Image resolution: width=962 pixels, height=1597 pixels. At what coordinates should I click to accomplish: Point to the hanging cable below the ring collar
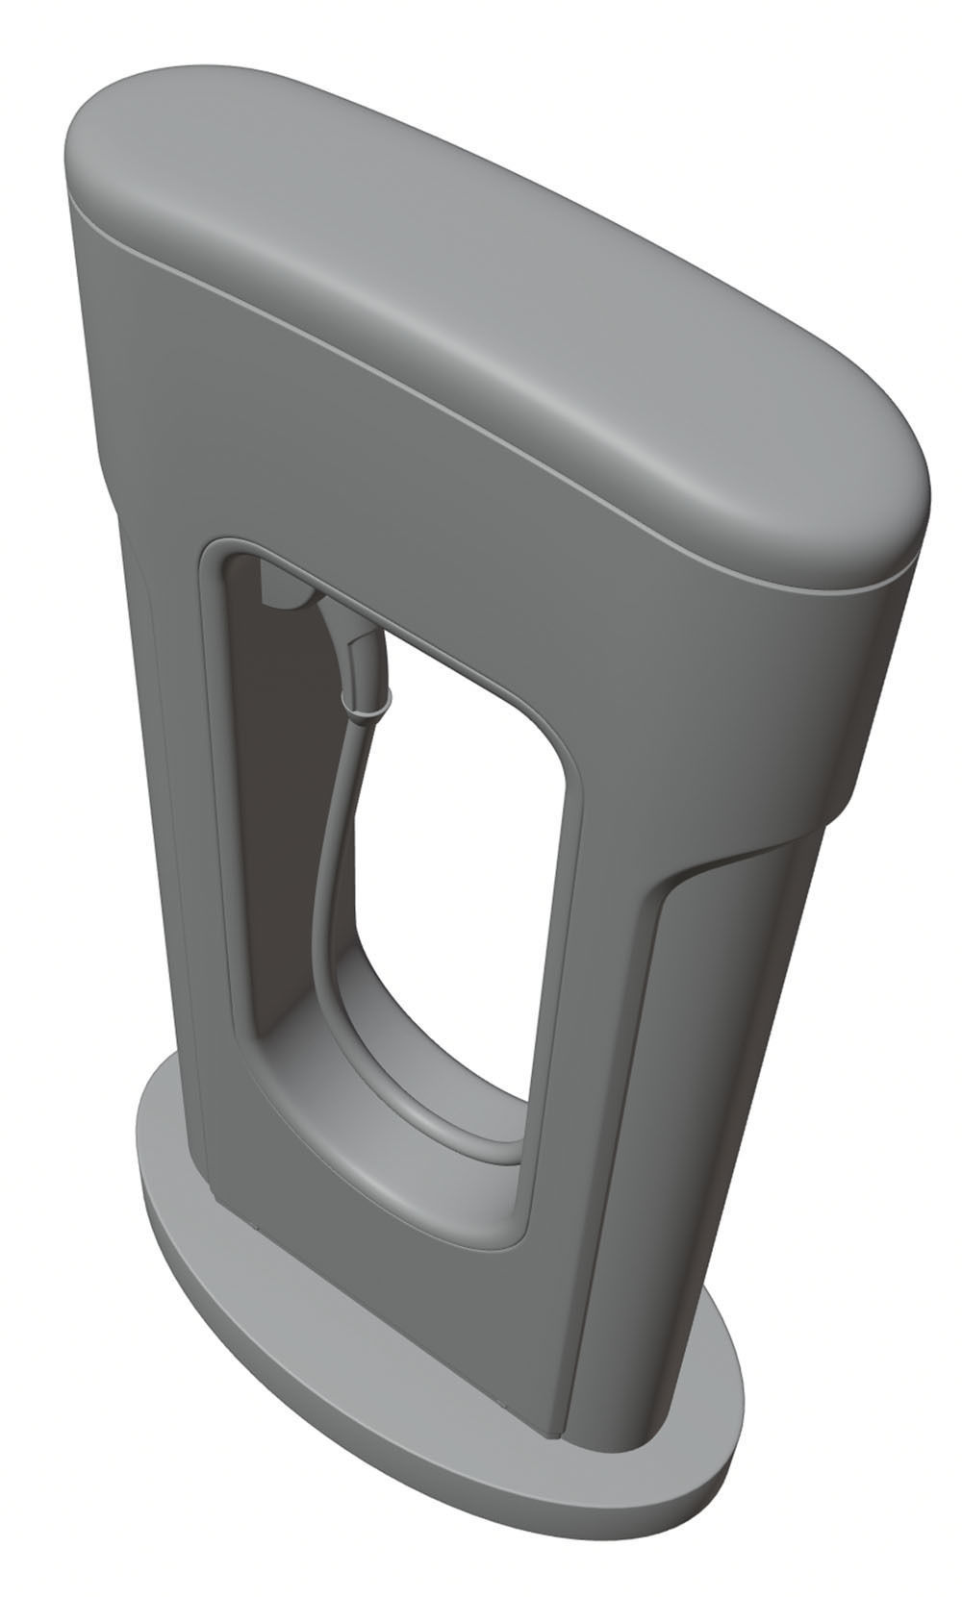pos(337,846)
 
